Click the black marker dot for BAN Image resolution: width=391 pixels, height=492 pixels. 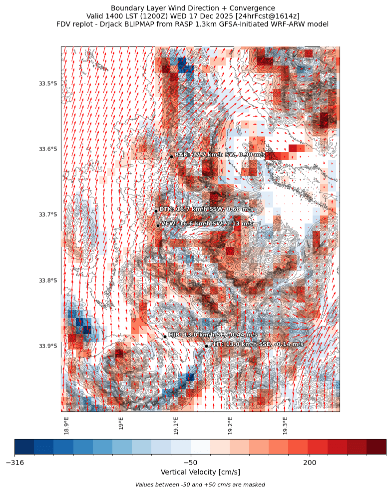click(x=171, y=156)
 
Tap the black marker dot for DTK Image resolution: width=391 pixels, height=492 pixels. click(x=156, y=211)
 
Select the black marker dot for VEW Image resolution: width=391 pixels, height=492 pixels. click(x=158, y=225)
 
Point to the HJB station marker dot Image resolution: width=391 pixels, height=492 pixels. click(x=165, y=336)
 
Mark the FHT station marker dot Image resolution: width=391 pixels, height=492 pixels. click(x=206, y=346)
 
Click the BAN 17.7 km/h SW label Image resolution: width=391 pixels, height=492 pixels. click(x=220, y=155)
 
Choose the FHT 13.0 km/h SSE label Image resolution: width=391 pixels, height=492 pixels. click(x=256, y=344)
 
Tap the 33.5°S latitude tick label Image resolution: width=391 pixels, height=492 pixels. click(x=48, y=83)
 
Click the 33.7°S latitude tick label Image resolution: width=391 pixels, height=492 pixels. click(x=48, y=215)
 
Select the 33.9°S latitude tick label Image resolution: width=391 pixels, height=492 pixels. click(x=48, y=346)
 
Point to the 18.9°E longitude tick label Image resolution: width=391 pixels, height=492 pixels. click(x=66, y=425)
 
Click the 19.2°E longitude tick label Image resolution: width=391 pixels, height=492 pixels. click(x=230, y=425)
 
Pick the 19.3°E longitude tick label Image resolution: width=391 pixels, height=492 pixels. click(x=285, y=425)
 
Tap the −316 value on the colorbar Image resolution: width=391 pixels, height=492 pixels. click(x=15, y=463)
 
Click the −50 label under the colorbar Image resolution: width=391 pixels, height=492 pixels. click(x=190, y=463)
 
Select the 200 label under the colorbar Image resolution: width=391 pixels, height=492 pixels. click(x=309, y=463)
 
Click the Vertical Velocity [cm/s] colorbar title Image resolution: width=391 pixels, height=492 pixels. click(x=200, y=472)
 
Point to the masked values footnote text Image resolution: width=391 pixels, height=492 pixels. click(x=200, y=485)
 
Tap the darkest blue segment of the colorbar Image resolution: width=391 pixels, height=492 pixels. click(x=24, y=446)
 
